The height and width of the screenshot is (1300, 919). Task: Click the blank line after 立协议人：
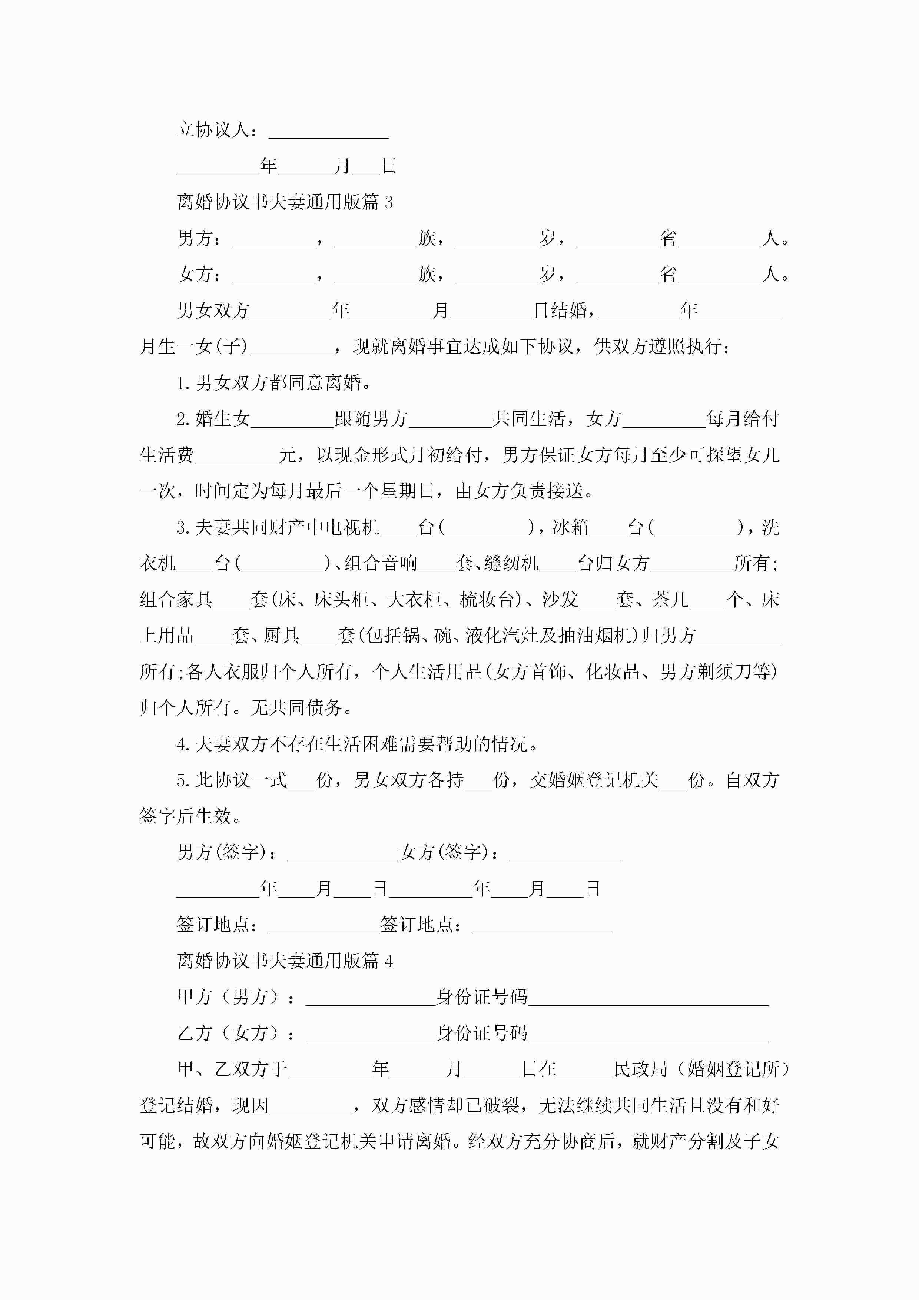pos(328,131)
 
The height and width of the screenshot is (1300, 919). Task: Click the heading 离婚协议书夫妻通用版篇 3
pos(284,202)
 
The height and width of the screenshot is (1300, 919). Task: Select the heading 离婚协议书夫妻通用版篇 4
pos(284,961)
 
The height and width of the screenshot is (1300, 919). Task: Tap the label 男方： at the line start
pos(199,238)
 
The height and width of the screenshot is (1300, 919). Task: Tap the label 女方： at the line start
pos(199,275)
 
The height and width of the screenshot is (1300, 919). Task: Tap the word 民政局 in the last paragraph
pos(640,1069)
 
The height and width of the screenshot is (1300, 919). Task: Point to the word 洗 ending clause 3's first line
pos(770,528)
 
